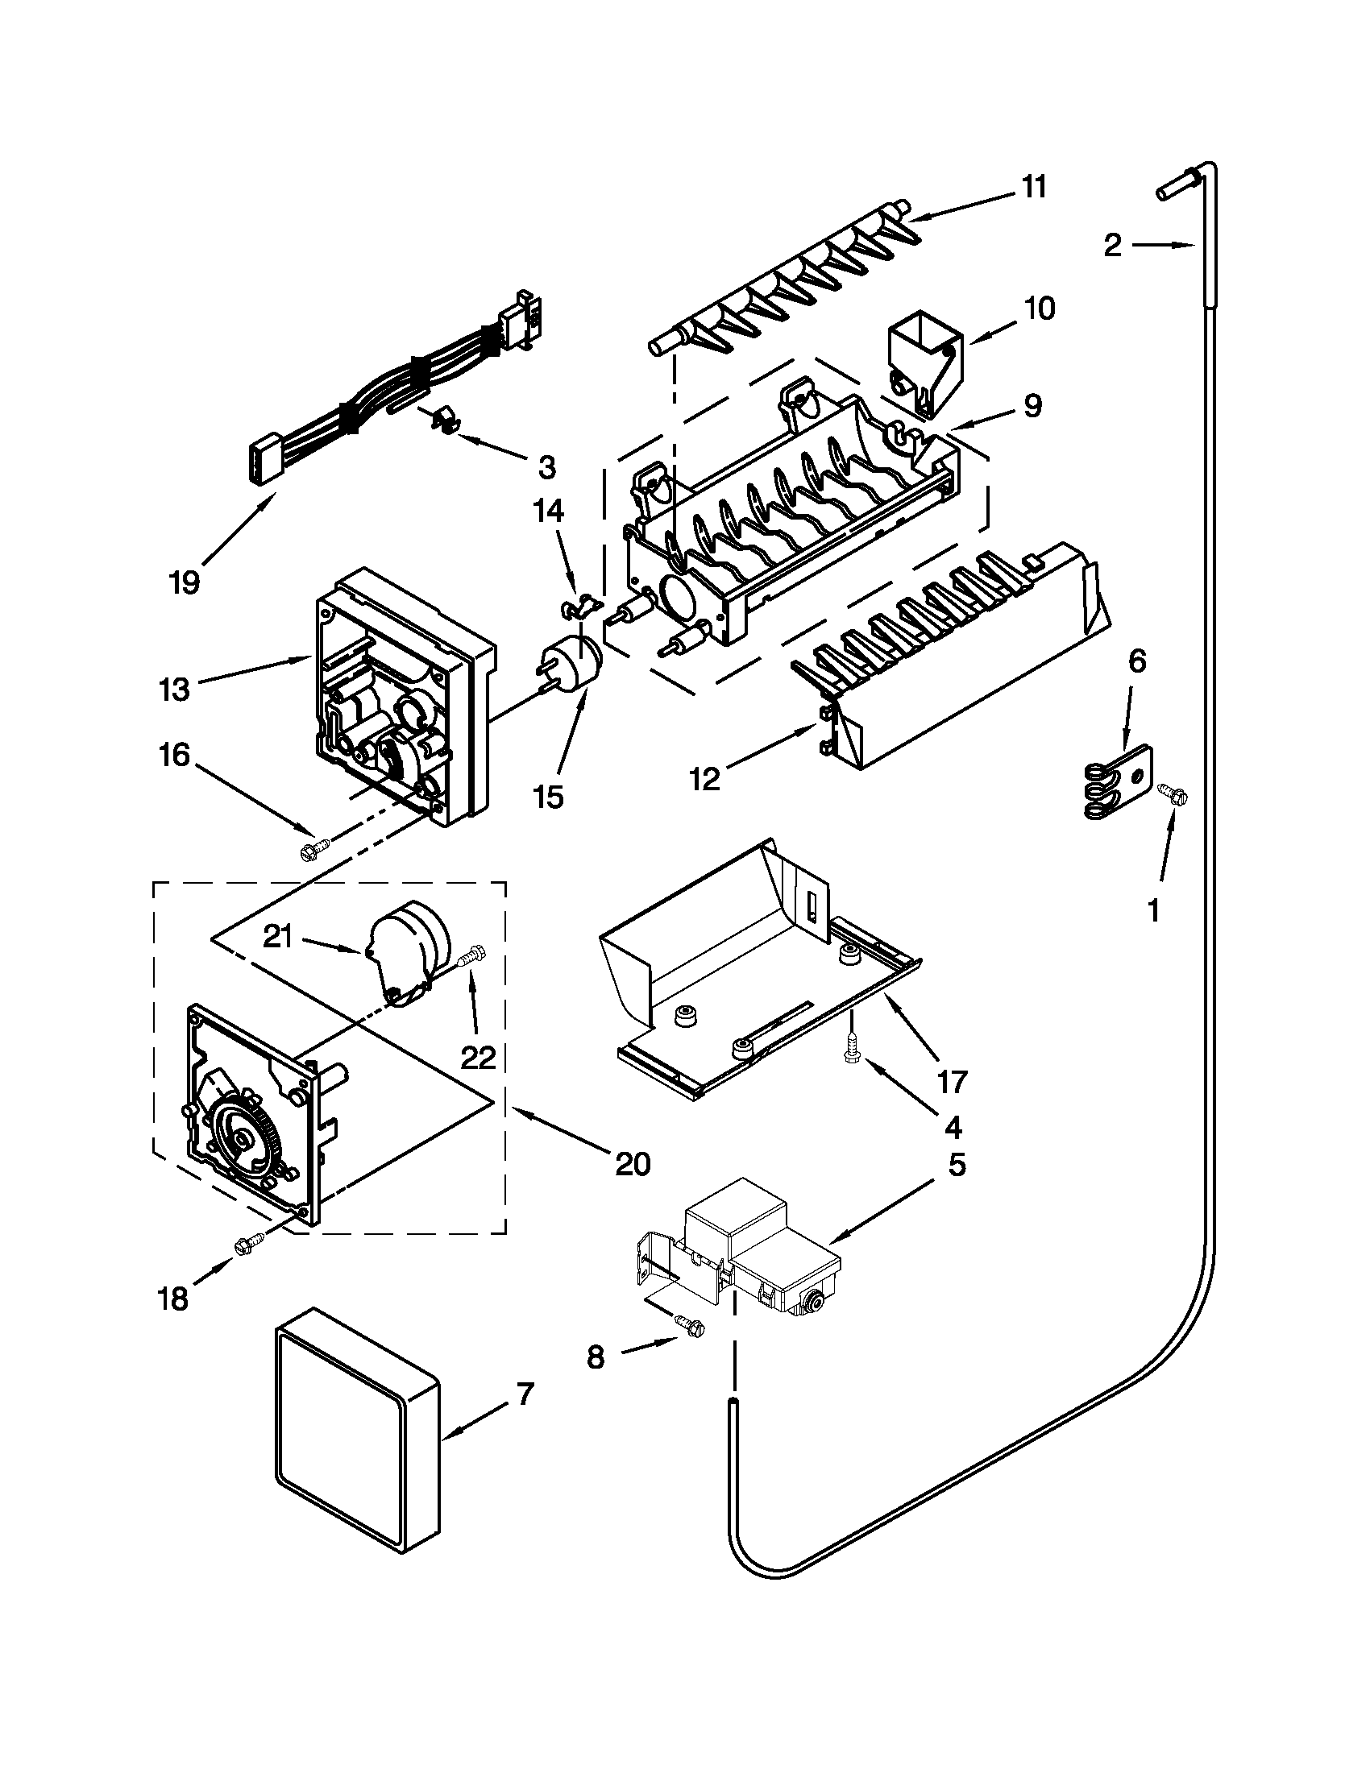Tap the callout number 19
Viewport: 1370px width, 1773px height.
tap(185, 582)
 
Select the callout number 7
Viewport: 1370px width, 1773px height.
tap(525, 1394)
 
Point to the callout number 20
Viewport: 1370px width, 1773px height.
tap(633, 1164)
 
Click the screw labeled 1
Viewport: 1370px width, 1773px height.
tap(1172, 793)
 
